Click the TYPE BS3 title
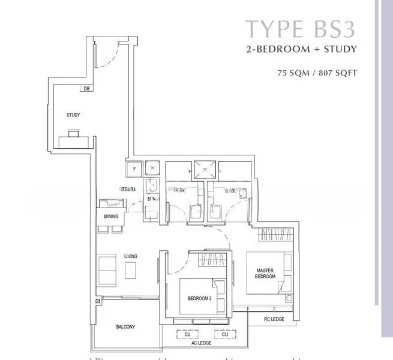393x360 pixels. click(301, 29)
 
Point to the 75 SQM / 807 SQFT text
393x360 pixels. click(317, 74)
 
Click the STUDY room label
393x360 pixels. click(73, 115)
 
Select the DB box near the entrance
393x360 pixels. click(87, 88)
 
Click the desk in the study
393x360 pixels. click(76, 140)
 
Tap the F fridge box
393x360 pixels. click(133, 169)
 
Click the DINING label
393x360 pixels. click(111, 216)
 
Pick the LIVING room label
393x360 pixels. click(131, 256)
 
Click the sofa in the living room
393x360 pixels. click(107, 269)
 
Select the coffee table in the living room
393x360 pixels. click(131, 271)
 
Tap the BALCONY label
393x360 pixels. click(125, 327)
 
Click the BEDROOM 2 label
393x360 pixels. click(199, 298)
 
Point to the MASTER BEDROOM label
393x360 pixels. click(265, 273)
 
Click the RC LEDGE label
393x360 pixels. click(274, 319)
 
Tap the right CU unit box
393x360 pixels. click(225, 334)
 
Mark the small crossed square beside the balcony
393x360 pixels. click(97, 301)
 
